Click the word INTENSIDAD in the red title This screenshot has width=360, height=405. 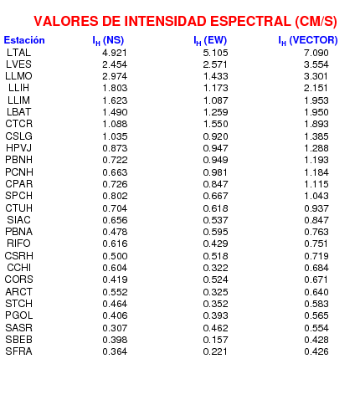[164, 22]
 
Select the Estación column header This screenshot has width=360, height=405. [24, 40]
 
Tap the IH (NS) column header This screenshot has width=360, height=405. [108, 41]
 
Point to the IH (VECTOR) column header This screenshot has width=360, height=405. [308, 41]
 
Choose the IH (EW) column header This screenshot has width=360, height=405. [210, 41]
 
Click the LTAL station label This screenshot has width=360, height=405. [18, 53]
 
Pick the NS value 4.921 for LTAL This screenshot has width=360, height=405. [115, 53]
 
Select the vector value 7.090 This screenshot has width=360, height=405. [316, 53]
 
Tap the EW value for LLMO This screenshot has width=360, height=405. [215, 76]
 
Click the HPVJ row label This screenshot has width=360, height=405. [18, 148]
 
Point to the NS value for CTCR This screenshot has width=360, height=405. [115, 124]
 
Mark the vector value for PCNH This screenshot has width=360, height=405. [316, 172]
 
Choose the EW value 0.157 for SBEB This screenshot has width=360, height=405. [215, 340]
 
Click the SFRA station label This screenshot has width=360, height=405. [18, 351]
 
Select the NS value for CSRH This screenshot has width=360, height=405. [115, 256]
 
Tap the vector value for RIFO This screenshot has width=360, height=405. [316, 244]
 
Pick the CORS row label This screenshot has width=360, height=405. [18, 279]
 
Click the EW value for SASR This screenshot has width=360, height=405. [215, 328]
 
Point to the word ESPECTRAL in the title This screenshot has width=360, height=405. [250, 22]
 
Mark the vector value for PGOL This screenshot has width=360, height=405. [316, 315]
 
